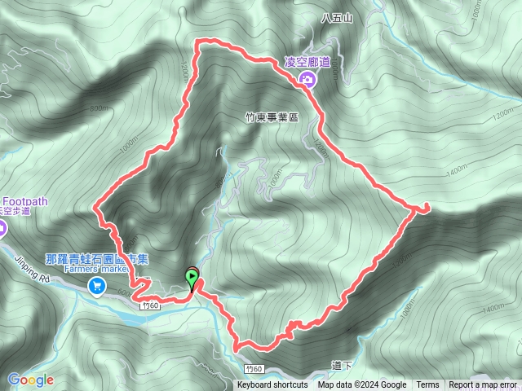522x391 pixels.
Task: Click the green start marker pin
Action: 192,279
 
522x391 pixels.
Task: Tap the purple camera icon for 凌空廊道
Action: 307,78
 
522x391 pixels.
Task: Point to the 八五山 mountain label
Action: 335,17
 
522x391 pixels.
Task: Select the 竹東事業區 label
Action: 272,117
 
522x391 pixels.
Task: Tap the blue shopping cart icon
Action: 98,285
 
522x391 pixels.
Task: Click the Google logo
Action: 30,380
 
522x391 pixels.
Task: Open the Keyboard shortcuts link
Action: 272,385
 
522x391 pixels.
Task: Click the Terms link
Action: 427,385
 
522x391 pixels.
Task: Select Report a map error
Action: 483,385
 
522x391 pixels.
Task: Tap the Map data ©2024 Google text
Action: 362,385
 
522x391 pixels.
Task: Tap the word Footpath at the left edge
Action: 25,200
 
